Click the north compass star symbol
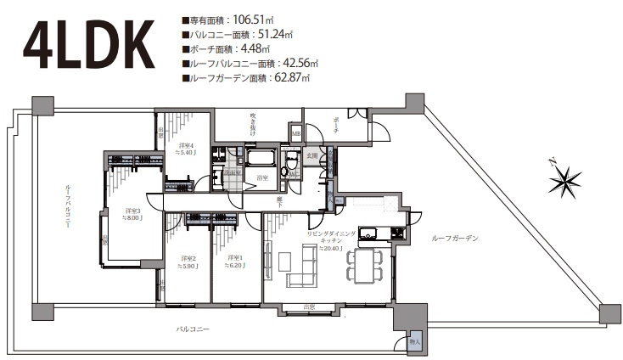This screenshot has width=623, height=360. (x=564, y=181)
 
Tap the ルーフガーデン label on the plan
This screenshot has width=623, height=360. (x=454, y=239)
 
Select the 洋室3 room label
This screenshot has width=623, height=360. (x=132, y=213)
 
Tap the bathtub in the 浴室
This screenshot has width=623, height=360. (x=260, y=158)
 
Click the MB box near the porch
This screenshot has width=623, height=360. (x=296, y=133)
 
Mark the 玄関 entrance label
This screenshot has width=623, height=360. (x=312, y=156)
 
